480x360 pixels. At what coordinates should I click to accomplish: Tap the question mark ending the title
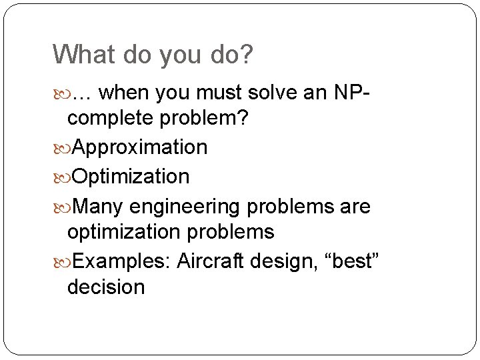pyautogui.click(x=247, y=54)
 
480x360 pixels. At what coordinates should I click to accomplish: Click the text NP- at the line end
pyautogui.click(x=356, y=92)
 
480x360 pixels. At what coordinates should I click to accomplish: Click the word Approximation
pyautogui.click(x=139, y=147)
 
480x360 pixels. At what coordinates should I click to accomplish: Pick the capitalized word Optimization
pyautogui.click(x=130, y=177)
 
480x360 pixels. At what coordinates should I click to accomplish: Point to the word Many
pyautogui.click(x=97, y=207)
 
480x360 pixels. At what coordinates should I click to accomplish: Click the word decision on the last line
pyautogui.click(x=106, y=287)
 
